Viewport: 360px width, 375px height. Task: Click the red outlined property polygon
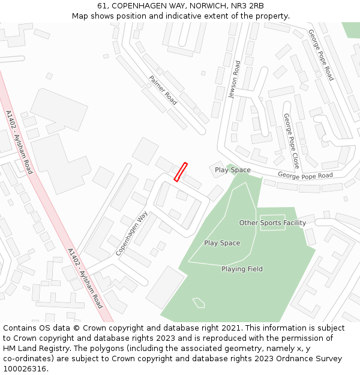pos(181,172)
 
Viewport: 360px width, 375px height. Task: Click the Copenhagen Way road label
pos(132,233)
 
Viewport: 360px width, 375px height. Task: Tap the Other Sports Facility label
pos(272,223)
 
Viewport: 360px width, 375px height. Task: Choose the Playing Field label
pos(242,269)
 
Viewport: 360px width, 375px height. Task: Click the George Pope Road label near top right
pos(321,55)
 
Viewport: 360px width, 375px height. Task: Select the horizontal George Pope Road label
pos(305,176)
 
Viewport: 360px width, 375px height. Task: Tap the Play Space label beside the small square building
pos(233,170)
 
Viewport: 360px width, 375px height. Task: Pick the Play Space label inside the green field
pos(222,243)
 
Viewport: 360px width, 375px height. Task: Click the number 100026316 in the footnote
pos(25,368)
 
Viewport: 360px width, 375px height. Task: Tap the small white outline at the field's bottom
pos(199,302)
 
